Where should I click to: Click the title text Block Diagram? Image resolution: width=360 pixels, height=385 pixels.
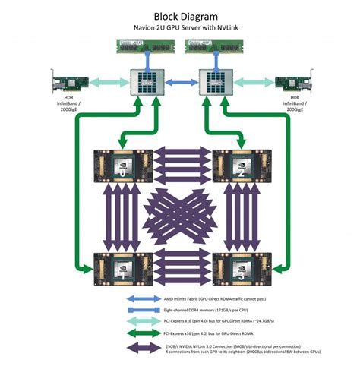click(x=179, y=15)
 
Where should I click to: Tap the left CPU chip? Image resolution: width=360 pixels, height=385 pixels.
click(x=145, y=80)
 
